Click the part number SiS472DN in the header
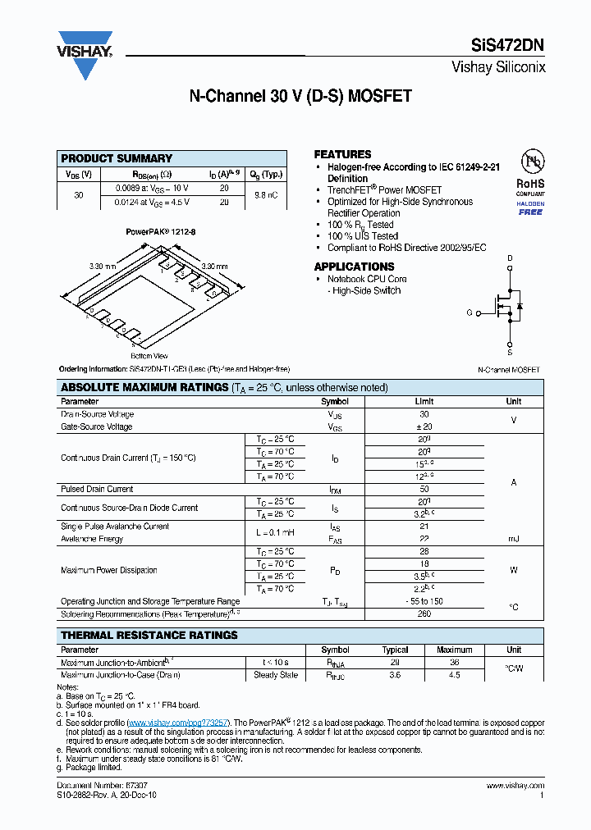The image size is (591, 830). click(x=507, y=47)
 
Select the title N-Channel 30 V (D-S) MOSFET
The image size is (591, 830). click(x=300, y=96)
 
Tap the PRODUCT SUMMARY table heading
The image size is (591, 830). click(x=117, y=158)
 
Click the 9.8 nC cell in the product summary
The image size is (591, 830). click(x=266, y=195)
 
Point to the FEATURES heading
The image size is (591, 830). click(x=342, y=154)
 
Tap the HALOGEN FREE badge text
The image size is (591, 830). click(x=530, y=207)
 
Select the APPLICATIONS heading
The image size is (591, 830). click(x=354, y=267)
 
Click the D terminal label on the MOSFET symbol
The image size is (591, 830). click(x=510, y=258)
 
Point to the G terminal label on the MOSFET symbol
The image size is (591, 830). click(x=470, y=312)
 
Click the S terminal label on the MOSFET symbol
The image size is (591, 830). click(x=510, y=353)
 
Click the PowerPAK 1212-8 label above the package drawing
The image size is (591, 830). click(x=161, y=232)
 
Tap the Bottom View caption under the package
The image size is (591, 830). click(x=149, y=356)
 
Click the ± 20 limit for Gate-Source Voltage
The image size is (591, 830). click(x=424, y=427)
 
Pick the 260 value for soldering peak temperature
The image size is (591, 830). click(x=424, y=613)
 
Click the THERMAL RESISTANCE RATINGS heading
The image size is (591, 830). click(x=149, y=635)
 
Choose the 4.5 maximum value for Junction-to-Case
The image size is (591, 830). click(x=454, y=675)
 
